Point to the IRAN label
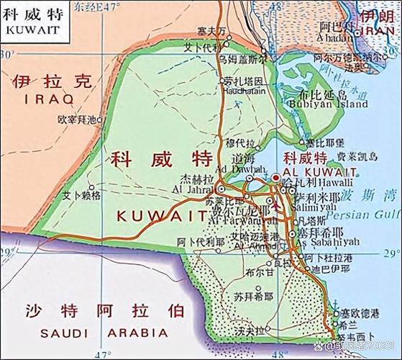377,32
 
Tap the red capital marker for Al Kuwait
277,178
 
